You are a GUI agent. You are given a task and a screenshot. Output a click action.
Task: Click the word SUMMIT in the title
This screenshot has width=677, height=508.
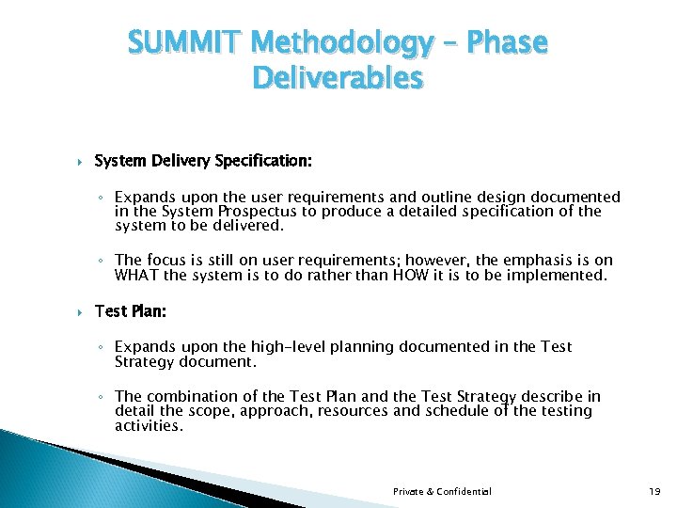[x=184, y=43]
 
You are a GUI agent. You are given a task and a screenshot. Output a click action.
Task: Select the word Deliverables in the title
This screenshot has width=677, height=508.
[x=338, y=79]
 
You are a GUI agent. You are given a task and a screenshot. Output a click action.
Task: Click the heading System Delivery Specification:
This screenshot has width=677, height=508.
[x=203, y=161]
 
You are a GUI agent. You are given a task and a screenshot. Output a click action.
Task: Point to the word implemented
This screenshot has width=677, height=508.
[x=561, y=276]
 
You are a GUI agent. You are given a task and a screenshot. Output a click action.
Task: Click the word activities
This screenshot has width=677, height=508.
[x=148, y=425]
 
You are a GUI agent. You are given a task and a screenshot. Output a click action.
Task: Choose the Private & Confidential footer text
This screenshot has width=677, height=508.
[x=442, y=491]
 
